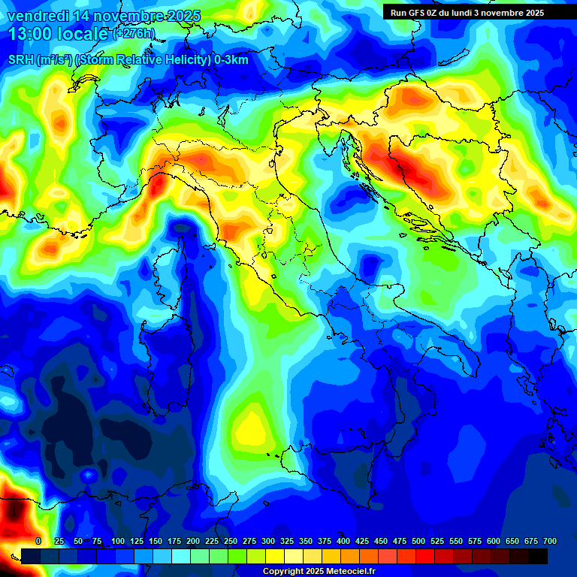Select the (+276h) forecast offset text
[134, 34]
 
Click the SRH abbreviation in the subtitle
[20, 60]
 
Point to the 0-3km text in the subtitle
[231, 60]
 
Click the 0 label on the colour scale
[38, 541]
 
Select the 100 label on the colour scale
[117, 541]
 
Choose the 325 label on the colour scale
[287, 541]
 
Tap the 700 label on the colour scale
[550, 541]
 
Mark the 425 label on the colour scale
[362, 541]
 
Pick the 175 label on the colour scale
[174, 541]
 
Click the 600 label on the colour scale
[494, 541]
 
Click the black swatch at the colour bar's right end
[538, 556]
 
